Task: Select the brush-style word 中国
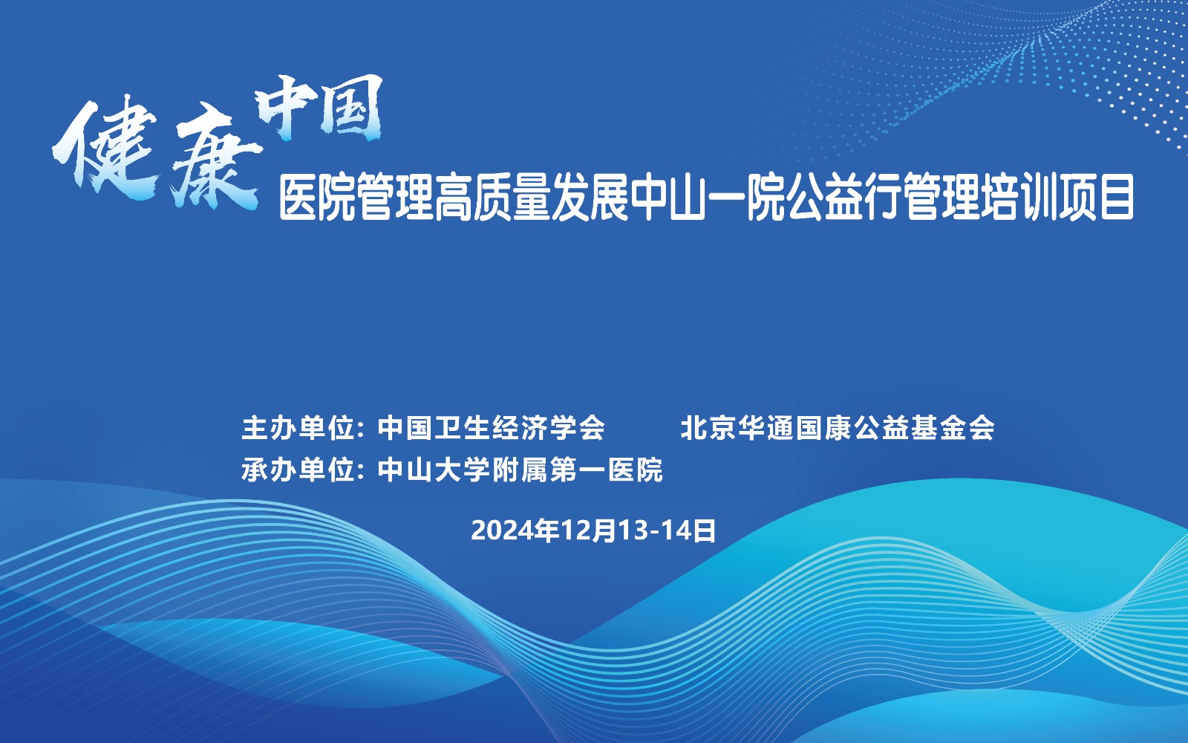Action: [x=319, y=108]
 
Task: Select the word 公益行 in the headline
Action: [x=843, y=197]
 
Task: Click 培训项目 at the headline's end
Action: [x=1057, y=197]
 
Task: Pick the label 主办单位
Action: [x=298, y=428]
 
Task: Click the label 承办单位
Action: [x=298, y=470]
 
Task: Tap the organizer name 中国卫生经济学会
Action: [x=491, y=428]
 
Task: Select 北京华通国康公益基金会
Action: [x=838, y=428]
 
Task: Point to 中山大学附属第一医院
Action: [x=520, y=470]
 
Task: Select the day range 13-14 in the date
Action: [x=653, y=531]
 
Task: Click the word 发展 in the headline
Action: [x=590, y=197]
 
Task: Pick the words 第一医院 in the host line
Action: [x=606, y=470]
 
